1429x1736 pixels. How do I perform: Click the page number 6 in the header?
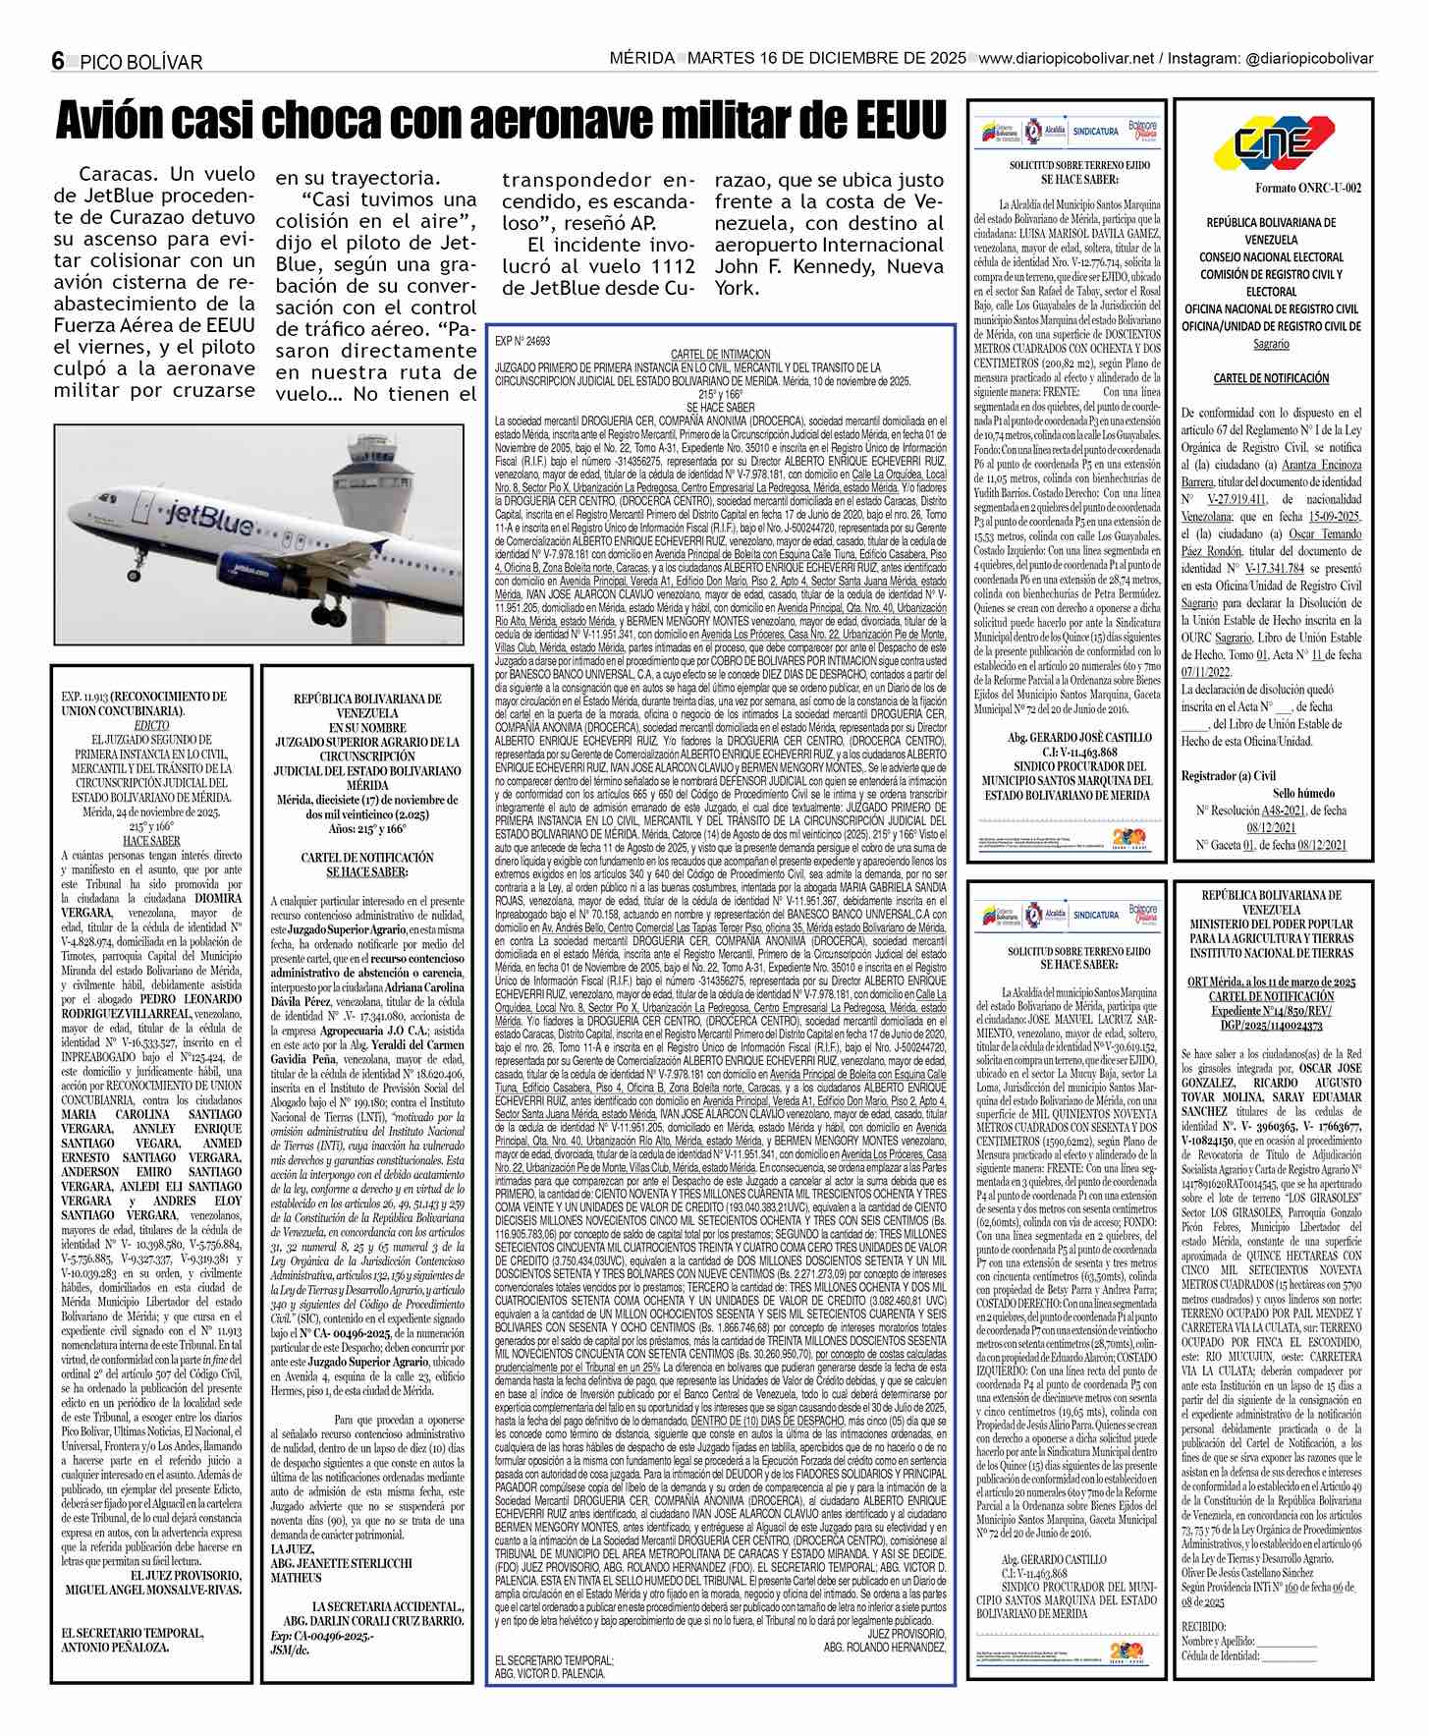[x=58, y=61]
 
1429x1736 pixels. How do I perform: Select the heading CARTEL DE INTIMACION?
[x=720, y=354]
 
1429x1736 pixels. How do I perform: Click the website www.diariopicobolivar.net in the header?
[x=1066, y=59]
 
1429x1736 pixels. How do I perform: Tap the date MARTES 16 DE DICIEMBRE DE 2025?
[x=827, y=59]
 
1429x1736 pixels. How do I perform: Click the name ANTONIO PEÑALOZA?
[x=115, y=1647]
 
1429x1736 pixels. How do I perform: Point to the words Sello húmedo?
[x=1303, y=793]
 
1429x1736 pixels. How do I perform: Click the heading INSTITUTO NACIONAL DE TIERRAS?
[x=1271, y=952]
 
